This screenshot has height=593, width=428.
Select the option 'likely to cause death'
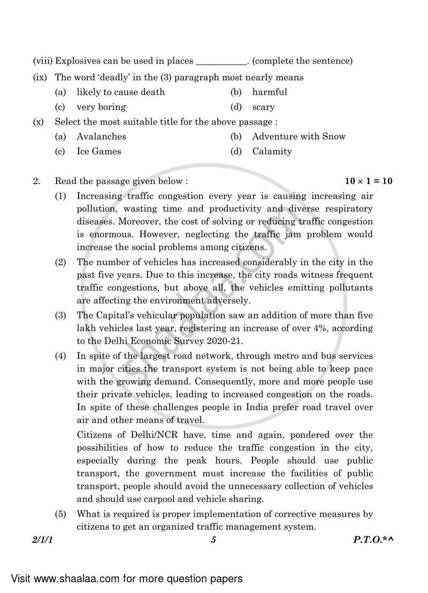tap(120, 92)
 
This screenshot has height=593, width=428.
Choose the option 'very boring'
tap(101, 107)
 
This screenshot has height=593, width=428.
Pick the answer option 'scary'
tap(263, 107)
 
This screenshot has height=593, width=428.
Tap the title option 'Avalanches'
tap(101, 136)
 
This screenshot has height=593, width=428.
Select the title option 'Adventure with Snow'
tap(299, 136)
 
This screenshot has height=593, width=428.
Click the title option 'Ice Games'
tap(98, 151)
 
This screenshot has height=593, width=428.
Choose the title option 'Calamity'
tap(272, 151)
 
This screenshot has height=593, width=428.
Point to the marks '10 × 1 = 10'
tap(369, 181)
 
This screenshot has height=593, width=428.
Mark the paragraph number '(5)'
tap(61, 514)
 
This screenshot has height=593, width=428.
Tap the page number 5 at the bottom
tap(213, 540)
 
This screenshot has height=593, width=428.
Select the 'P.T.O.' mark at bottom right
tap(369, 540)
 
